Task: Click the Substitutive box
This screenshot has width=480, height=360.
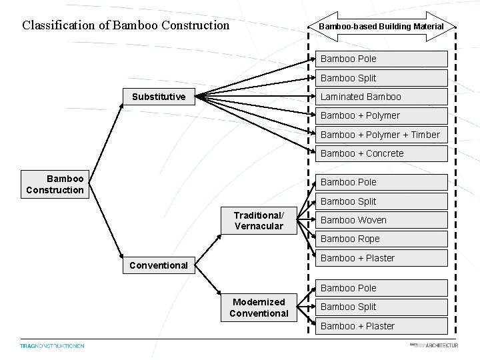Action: click(158, 97)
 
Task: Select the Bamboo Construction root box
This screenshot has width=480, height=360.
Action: click(55, 185)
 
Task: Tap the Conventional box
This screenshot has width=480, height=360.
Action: click(158, 265)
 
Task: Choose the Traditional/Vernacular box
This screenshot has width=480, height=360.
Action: click(259, 220)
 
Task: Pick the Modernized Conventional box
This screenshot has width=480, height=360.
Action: click(259, 307)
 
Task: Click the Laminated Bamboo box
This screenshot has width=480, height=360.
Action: click(381, 97)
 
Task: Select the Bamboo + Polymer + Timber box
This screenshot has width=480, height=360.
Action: click(381, 135)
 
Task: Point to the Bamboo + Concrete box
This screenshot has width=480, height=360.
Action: click(381, 153)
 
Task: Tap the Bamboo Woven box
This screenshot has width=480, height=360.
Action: click(381, 220)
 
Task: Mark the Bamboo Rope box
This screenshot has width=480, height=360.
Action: click(381, 239)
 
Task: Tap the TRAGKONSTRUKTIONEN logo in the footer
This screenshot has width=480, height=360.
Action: click(52, 346)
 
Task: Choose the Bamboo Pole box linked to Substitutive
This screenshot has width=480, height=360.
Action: click(381, 59)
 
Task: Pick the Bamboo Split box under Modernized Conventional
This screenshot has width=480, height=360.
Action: click(381, 307)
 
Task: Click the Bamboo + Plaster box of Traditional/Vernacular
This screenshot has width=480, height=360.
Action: click(381, 258)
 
